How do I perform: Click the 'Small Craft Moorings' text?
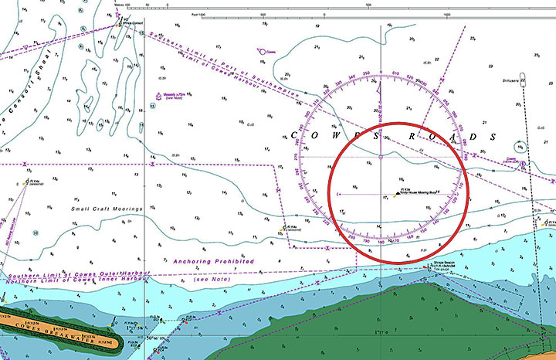click(107, 209)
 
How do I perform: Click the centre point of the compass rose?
click(381, 157)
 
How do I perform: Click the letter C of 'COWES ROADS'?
click(294, 135)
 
